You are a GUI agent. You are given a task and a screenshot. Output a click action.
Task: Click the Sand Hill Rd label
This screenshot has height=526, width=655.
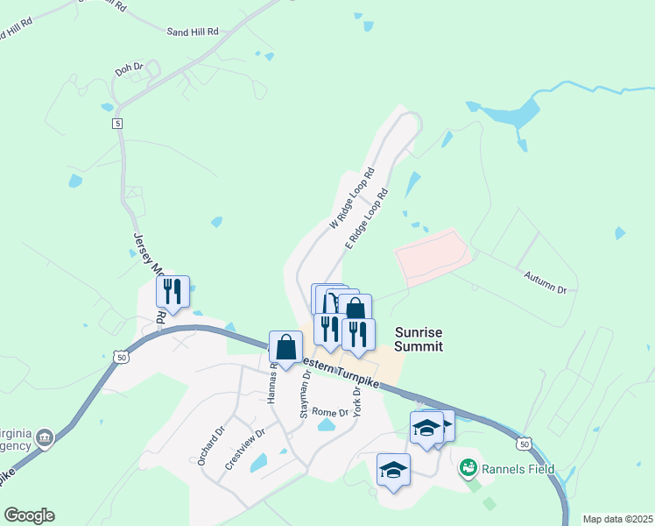click(x=192, y=31)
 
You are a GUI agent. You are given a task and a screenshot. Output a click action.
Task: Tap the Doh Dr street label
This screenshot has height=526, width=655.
click(x=128, y=66)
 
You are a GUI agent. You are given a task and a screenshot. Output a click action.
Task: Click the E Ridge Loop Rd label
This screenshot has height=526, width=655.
click(x=366, y=217)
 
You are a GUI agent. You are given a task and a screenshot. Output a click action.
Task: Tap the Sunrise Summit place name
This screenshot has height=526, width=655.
click(x=418, y=339)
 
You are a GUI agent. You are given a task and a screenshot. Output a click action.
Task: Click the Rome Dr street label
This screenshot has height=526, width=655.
click(x=330, y=412)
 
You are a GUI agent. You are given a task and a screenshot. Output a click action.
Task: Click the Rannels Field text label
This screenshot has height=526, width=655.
click(x=517, y=469)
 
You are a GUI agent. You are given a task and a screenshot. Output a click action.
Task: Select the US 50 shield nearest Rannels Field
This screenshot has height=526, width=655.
click(x=524, y=444)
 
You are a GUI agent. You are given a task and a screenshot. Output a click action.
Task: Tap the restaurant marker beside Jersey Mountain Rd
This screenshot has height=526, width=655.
click(x=173, y=292)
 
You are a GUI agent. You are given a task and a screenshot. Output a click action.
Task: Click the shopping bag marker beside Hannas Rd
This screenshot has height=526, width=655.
click(x=285, y=347)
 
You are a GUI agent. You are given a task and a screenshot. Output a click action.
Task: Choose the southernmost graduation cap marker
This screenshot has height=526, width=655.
click(x=393, y=470)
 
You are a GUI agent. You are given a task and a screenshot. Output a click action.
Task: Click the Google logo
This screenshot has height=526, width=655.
click(x=29, y=515)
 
